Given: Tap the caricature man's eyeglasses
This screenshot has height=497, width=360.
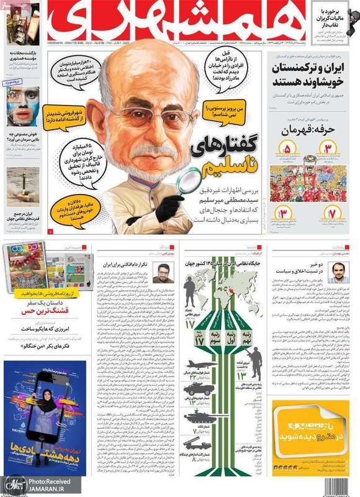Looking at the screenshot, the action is [x=148, y=116].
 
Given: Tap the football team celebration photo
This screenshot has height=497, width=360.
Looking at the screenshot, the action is [x=308, y=183].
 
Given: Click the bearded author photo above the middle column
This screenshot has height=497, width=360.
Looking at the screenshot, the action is [x=164, y=273].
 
